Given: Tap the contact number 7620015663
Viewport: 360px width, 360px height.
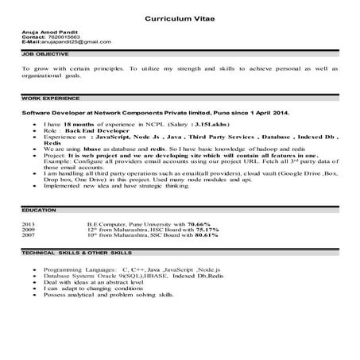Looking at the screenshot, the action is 64,37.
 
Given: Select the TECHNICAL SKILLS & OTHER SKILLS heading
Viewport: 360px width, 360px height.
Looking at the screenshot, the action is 76,253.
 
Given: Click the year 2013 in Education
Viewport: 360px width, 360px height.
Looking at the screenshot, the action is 29,225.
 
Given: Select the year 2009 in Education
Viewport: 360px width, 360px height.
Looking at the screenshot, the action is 29,230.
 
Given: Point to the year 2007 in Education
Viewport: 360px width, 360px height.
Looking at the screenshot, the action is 29,236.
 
